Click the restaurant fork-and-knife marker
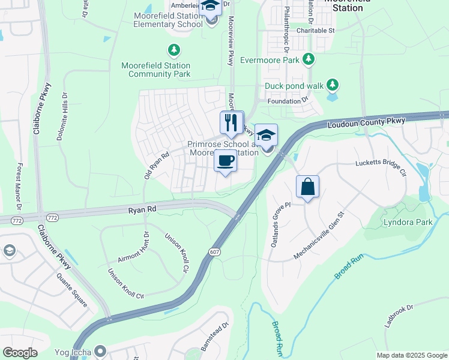click(x=232, y=123)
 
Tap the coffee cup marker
click(x=226, y=161)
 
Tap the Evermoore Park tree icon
click(x=309, y=59)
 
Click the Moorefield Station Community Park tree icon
click(x=173, y=49)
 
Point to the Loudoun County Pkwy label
click(x=367, y=123)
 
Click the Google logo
click(x=20, y=353)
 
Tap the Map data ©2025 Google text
click(x=411, y=355)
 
